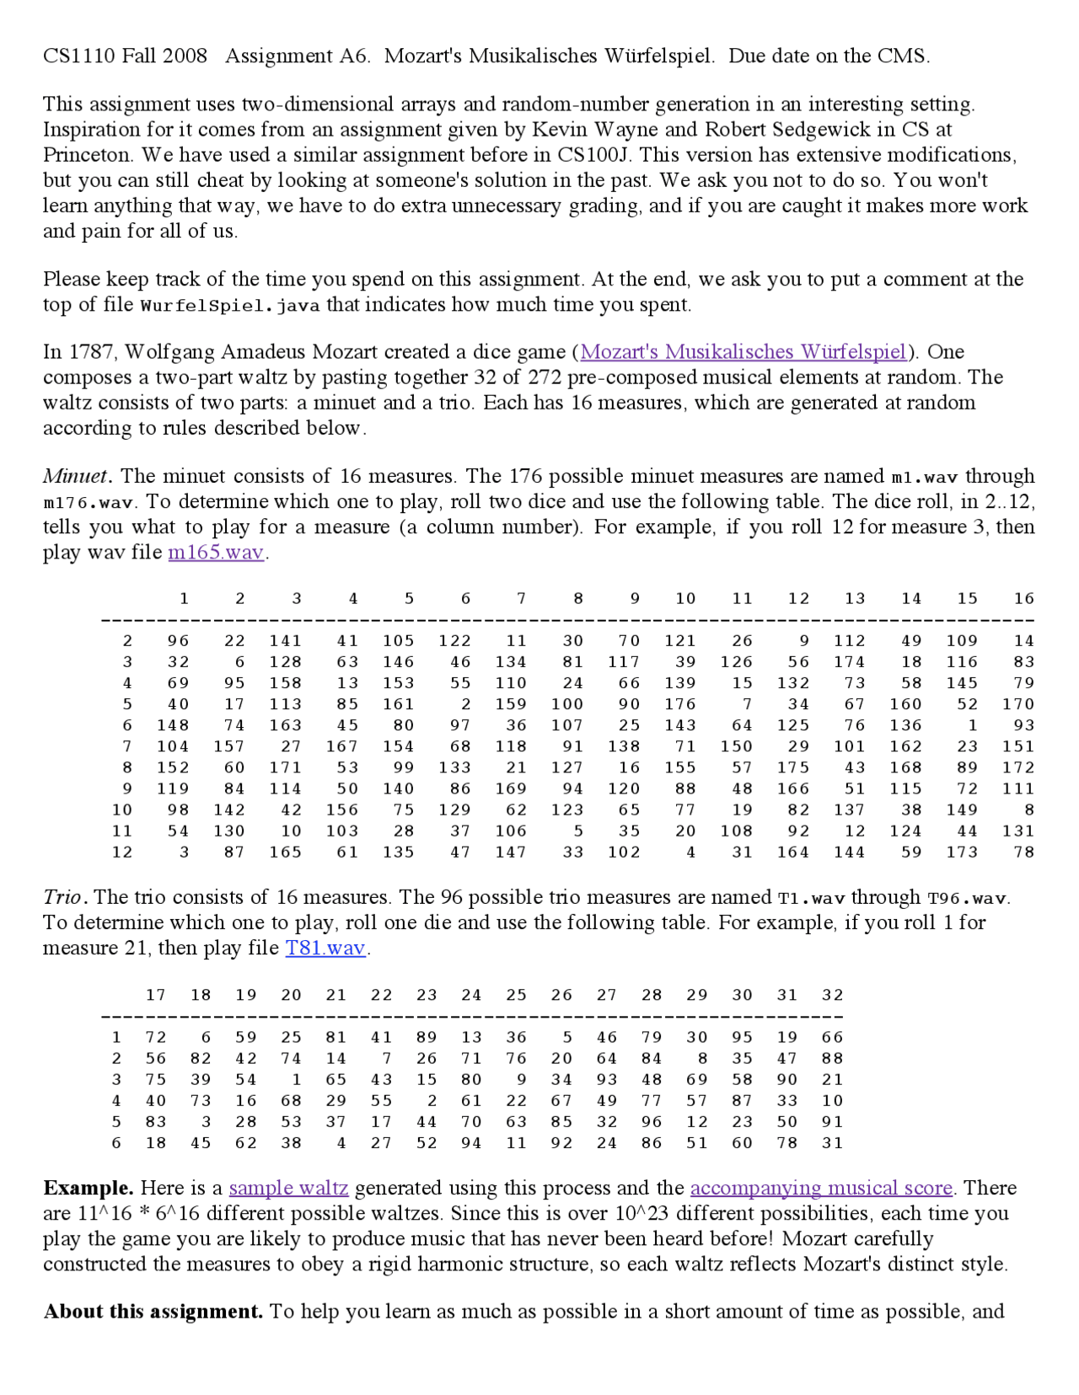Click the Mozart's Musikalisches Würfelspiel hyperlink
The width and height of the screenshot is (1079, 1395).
pos(743,352)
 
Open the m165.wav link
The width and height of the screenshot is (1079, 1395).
pos(216,553)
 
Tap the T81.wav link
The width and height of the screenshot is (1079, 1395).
pos(325,948)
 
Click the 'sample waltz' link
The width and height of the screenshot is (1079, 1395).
pos(288,1188)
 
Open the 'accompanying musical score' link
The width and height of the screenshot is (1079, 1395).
pos(821,1188)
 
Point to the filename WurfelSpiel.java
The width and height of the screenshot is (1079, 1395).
pos(230,305)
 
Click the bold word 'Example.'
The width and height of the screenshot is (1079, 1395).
pos(89,1188)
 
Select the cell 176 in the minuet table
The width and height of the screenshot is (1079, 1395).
pos(680,704)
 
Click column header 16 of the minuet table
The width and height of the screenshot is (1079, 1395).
pos(1023,599)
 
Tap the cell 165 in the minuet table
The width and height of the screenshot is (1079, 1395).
pos(286,852)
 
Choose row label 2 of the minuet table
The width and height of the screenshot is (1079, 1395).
pos(127,641)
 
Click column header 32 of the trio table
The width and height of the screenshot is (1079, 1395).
pos(832,995)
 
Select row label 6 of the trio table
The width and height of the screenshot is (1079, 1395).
pos(116,1143)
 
